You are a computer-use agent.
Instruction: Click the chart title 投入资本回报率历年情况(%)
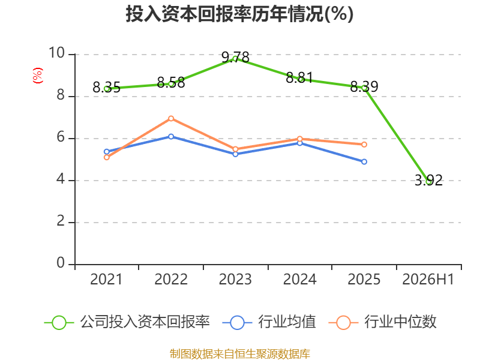pos(239,14)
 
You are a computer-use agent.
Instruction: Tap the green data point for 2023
pos(235,59)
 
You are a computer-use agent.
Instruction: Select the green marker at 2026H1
pos(428,182)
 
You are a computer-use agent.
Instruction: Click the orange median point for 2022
pos(171,118)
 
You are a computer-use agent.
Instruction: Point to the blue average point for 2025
pos(364,161)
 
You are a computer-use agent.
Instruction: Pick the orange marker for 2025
pos(364,145)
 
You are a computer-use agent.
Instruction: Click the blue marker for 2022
pos(171,137)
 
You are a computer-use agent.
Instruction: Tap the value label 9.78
pos(235,57)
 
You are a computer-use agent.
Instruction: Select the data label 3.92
pos(428,180)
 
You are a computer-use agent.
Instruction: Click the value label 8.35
pos(107,87)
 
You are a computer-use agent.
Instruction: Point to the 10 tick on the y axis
pos(57,53)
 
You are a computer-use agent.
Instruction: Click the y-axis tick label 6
pos(61,137)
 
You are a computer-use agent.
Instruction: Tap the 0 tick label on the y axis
pos(61,263)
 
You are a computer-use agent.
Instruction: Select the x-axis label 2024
pos(299,280)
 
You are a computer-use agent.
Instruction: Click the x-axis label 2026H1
pos(428,280)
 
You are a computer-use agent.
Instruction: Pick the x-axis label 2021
pos(106,280)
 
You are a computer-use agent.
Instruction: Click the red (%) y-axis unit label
pos(38,76)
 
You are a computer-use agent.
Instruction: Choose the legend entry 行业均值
pos(269,322)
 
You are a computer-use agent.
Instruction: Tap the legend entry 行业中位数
pos(382,322)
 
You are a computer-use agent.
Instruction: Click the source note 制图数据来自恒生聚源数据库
pos(240,354)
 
